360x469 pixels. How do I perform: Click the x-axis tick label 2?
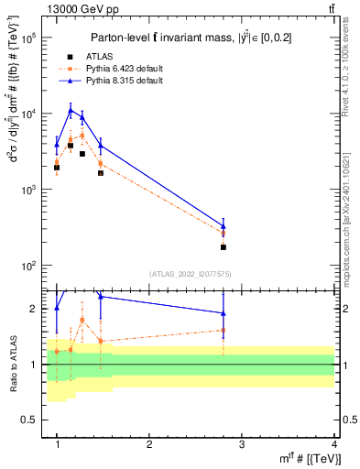point(149,443)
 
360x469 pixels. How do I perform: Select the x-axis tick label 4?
point(334,443)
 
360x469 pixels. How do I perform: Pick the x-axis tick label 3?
point(242,443)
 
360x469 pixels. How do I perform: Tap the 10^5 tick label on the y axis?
point(29,38)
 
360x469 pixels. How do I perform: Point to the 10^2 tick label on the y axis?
point(29,266)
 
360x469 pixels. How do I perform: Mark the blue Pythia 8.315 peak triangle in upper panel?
point(71,110)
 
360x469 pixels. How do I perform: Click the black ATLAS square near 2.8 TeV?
point(224,247)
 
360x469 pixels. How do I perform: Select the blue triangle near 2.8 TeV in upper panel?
point(224,226)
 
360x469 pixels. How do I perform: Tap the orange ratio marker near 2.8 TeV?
point(224,331)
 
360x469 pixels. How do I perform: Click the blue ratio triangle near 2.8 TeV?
point(224,313)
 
